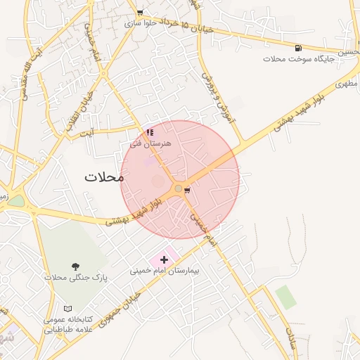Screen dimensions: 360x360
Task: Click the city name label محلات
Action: coord(104,176)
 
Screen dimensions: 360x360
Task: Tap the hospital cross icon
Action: coord(165,259)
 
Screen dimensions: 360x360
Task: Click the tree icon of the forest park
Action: coord(75,266)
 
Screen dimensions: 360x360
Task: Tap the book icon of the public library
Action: coord(68,309)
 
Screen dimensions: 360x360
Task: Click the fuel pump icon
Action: coord(300,48)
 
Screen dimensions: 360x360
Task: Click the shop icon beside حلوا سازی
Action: coord(140,13)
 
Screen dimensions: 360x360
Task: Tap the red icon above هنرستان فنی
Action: coord(150,132)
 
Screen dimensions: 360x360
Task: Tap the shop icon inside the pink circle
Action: coord(186,190)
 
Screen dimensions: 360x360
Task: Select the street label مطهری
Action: coord(345,83)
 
